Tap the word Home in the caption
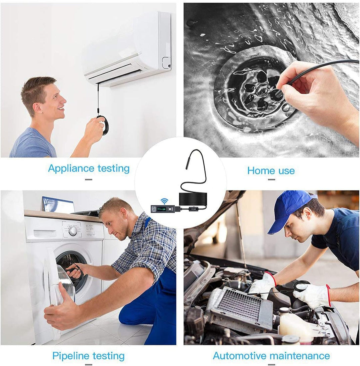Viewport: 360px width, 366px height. tap(259, 171)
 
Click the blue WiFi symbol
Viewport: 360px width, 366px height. tap(164, 201)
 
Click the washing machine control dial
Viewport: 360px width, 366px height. tap(73, 231)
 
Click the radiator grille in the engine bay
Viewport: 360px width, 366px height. tap(241, 304)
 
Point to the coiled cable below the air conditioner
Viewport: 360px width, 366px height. tap(103, 125)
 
